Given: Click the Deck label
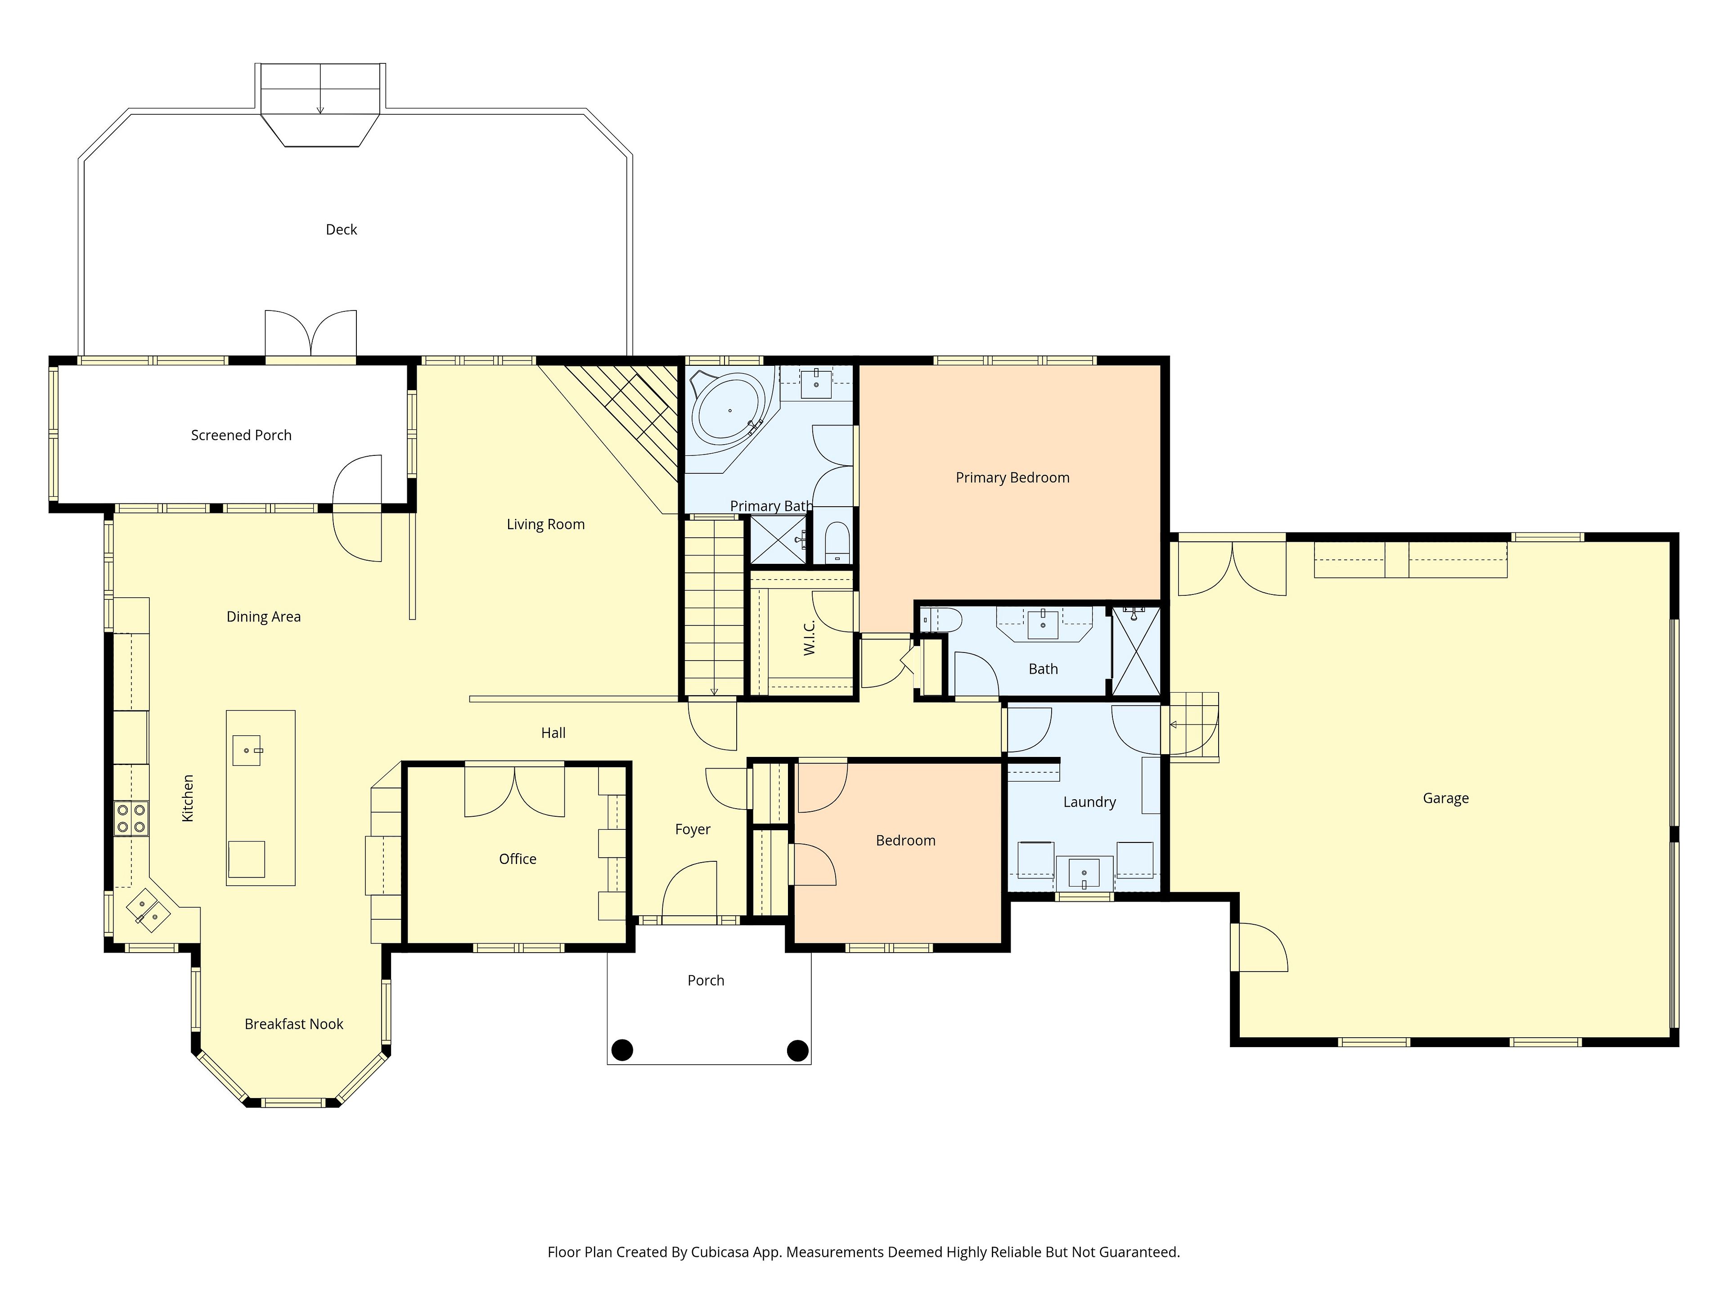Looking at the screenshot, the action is point(342,229).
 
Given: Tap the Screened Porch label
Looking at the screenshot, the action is point(241,435).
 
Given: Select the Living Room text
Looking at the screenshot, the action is point(545,524).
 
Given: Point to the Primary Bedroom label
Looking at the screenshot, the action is point(1012,477).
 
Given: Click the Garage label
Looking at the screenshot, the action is point(1445,798).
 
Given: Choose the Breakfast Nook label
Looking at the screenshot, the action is point(294,1024).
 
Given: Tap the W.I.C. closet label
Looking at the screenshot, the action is point(809,638).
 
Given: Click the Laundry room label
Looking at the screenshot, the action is point(1089,802).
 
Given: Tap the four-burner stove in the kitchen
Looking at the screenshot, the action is point(131,818).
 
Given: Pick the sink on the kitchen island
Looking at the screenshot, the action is point(247,750).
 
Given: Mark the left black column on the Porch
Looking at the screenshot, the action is point(622,1050).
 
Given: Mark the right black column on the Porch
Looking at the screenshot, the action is point(797,1050).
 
